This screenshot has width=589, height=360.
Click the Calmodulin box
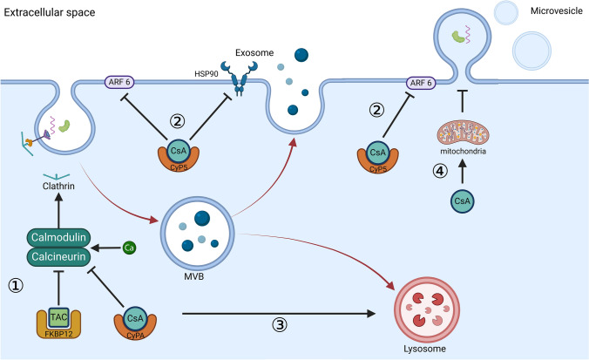58,237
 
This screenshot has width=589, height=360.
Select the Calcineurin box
58,256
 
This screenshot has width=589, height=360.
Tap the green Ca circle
129,248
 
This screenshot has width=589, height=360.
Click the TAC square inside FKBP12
58,317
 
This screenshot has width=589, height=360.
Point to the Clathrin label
58,186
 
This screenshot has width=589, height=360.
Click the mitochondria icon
463,132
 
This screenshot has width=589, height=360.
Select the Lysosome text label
425,349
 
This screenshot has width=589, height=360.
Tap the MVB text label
193,277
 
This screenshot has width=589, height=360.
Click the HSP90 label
206,74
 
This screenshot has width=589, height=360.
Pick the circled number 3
280,324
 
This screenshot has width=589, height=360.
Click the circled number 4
440,172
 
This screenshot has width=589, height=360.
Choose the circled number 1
16,286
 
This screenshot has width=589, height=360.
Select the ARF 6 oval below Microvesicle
421,82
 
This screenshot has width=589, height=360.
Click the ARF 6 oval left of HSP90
119,82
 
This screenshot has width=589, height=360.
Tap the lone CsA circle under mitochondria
463,201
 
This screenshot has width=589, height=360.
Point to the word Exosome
254,52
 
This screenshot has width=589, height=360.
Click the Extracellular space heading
49,12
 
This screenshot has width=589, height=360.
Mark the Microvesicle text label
556,11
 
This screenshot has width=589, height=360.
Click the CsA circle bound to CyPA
135,318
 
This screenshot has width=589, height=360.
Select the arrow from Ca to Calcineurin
105,248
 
